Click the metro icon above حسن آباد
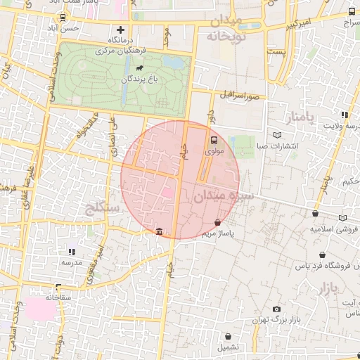(63, 18)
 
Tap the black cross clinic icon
(121, 30)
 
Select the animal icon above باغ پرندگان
(139, 70)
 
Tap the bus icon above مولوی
(214, 139)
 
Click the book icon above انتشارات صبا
(277, 134)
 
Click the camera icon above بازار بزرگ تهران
(276, 309)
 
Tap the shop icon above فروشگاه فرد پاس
(322, 255)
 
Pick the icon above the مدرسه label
(71, 251)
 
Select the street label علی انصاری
(111, 131)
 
